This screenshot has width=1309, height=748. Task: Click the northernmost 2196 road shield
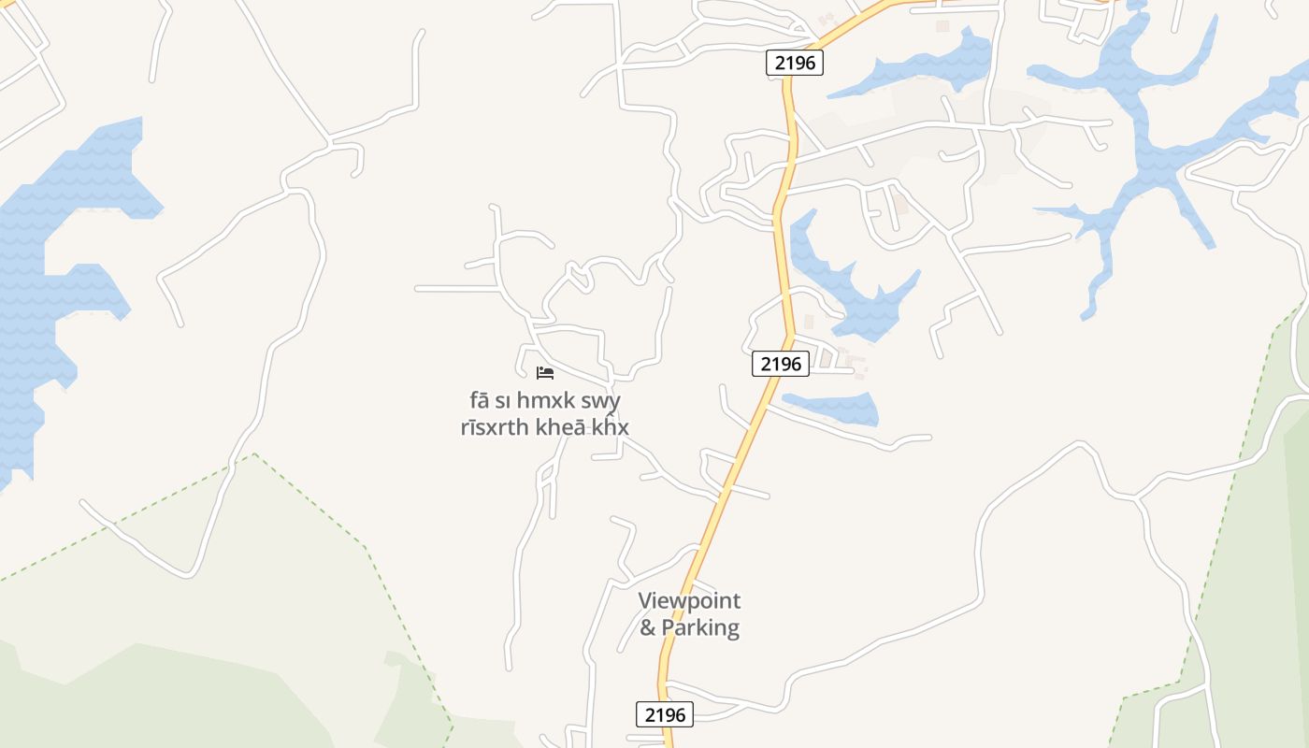click(x=795, y=63)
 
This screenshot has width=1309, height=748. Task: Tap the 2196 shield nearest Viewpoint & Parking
click(x=665, y=714)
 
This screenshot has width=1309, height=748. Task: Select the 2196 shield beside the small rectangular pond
click(x=780, y=364)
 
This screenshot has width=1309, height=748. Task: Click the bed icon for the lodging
click(x=545, y=373)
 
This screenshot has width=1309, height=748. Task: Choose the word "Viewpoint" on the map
click(x=689, y=601)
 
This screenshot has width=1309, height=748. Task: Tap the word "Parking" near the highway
click(x=700, y=627)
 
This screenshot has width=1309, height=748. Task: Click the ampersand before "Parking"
click(x=648, y=627)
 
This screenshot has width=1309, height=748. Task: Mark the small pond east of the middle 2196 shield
click(x=834, y=408)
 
